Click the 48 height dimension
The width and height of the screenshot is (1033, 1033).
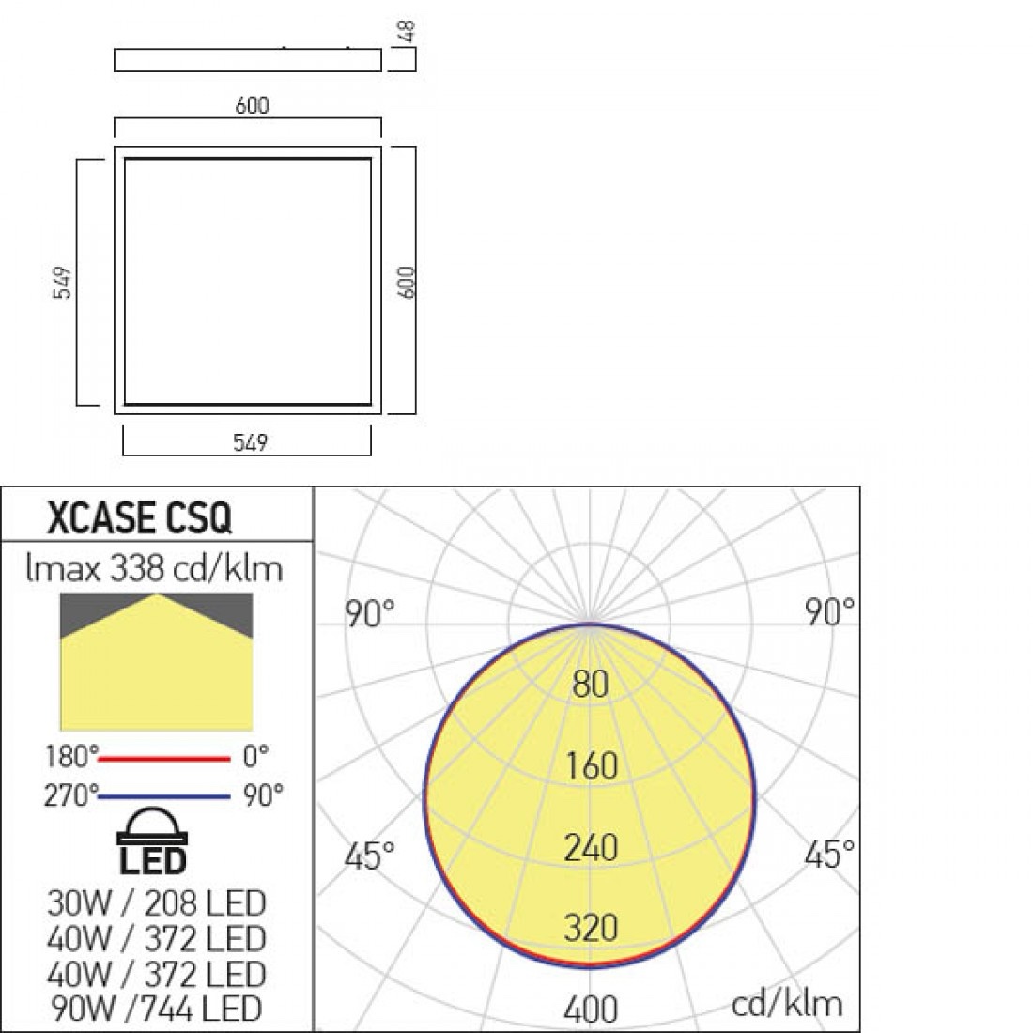408,31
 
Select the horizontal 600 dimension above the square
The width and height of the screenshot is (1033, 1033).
252,105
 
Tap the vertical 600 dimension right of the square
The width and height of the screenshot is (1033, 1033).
408,282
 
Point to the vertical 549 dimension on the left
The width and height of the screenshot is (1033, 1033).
62,283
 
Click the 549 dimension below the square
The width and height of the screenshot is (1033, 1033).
251,442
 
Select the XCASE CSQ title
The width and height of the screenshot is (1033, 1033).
140,517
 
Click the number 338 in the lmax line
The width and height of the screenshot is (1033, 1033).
137,568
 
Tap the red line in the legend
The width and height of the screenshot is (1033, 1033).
164,759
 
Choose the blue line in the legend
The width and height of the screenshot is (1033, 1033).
164,796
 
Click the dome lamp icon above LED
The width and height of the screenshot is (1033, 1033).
152,826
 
